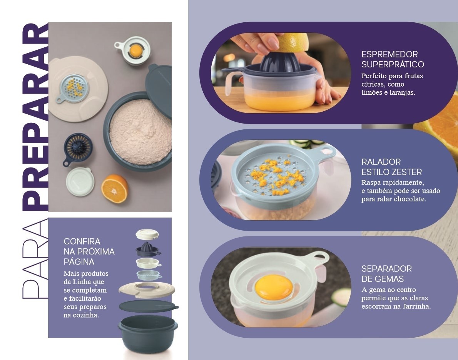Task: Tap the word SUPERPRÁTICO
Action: point(393,64)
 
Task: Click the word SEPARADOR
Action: point(386,268)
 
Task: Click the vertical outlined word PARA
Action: point(35,259)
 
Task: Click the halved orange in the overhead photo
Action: point(115,189)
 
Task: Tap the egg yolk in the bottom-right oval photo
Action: point(274,287)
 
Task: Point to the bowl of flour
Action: point(137,132)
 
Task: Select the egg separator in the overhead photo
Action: point(133,50)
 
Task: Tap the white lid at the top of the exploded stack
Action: point(147,234)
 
